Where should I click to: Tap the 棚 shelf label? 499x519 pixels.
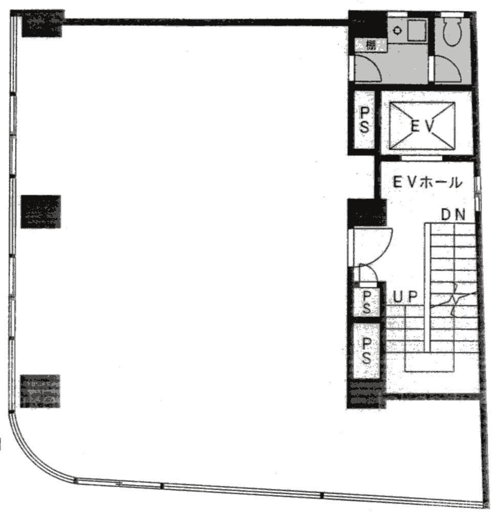click(371, 45)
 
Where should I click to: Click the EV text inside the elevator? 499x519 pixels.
click(422, 126)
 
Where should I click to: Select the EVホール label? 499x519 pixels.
click(426, 182)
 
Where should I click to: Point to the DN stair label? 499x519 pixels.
click(453, 215)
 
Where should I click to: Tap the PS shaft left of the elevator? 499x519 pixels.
click(364, 120)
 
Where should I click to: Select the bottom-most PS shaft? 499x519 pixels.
click(366, 350)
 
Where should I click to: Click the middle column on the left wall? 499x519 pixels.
click(41, 211)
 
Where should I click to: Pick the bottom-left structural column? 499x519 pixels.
click(40, 391)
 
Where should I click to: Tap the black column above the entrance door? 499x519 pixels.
click(366, 212)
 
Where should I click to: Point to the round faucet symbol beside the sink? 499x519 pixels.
click(397, 30)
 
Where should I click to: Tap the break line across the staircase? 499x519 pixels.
click(453, 299)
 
